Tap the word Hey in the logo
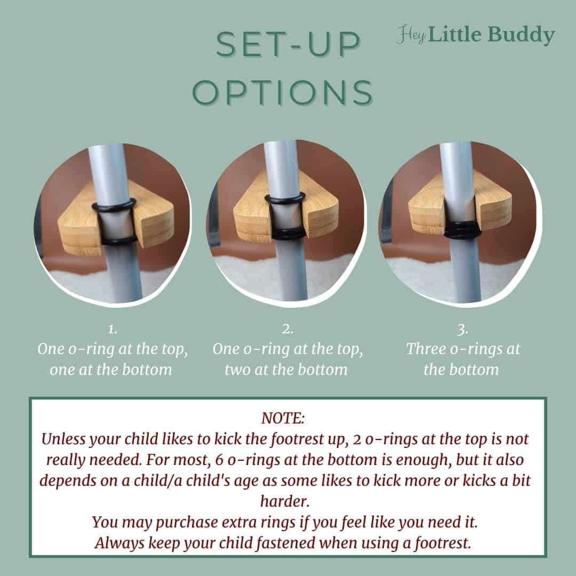pyautogui.click(x=410, y=36)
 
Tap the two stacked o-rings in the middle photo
pyautogui.click(x=285, y=233)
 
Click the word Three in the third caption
pyautogui.click(x=427, y=350)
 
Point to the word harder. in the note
pyautogui.click(x=287, y=501)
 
